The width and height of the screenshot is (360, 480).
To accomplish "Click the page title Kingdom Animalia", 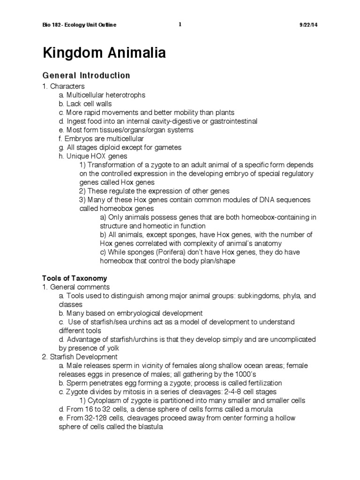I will [x=104, y=53].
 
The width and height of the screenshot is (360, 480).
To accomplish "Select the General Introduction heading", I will [x=86, y=75].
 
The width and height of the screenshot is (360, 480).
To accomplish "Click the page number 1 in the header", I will [x=180, y=24].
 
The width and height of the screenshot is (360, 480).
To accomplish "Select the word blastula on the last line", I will [x=146, y=427].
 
